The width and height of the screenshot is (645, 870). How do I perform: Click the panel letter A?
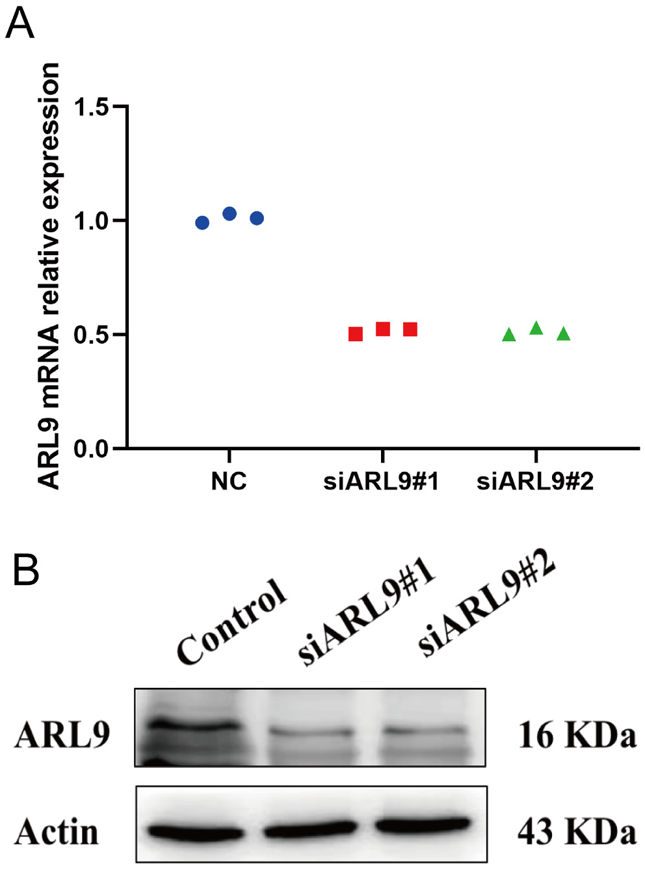[20, 24]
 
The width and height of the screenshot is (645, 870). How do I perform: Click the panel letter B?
[26, 569]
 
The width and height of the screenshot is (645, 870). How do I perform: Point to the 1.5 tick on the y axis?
[91, 107]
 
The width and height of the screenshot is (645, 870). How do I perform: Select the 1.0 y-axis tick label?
[91, 221]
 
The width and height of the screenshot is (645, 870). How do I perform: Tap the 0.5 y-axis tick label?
[91, 335]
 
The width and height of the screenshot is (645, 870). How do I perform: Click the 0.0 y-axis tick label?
[91, 449]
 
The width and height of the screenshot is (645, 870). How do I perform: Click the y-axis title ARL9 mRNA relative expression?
[49, 277]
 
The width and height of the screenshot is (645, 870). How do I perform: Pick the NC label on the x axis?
[229, 482]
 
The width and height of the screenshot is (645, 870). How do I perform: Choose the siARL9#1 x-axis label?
[382, 482]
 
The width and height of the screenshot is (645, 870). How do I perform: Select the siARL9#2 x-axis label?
[535, 482]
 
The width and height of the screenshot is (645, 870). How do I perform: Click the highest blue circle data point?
[230, 213]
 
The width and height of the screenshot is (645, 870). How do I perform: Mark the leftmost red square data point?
[355, 334]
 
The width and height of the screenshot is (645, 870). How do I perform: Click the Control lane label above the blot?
[231, 621]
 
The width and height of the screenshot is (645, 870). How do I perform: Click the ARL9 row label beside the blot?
[62, 735]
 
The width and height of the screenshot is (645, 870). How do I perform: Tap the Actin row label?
[57, 832]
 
